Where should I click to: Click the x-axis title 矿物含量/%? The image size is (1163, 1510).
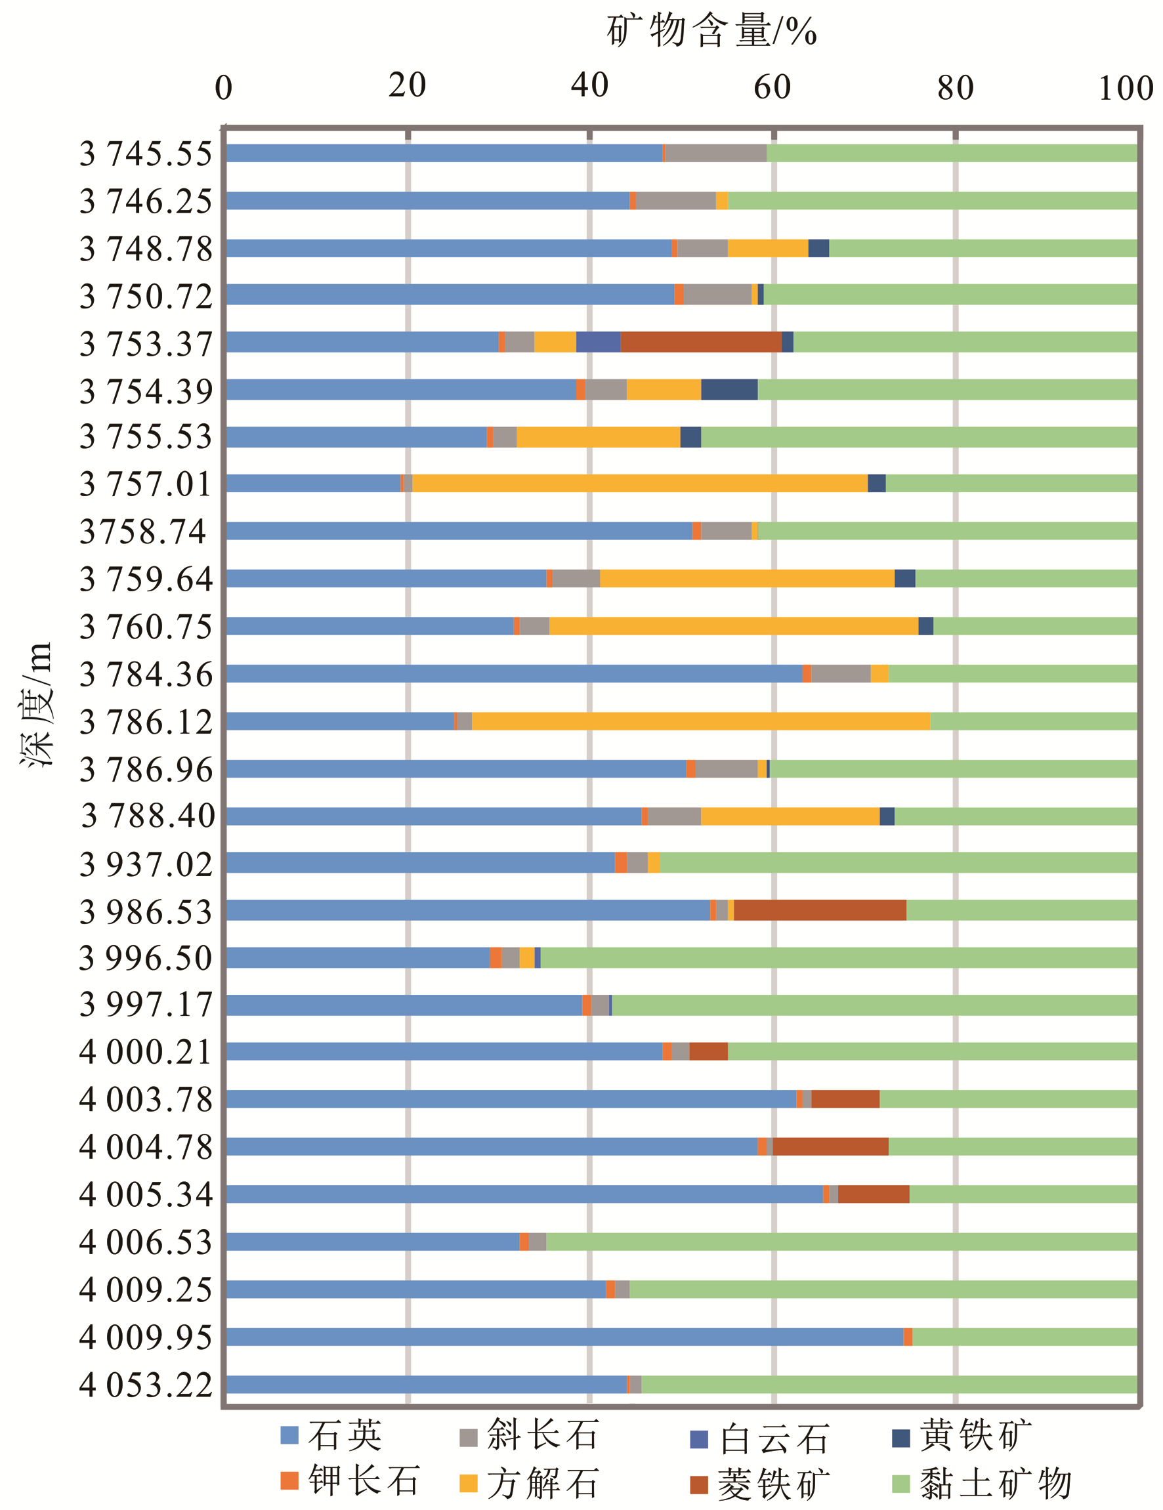click(x=711, y=31)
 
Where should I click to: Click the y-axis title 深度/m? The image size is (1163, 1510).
click(x=36, y=705)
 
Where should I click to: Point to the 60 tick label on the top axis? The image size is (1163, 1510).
click(x=772, y=88)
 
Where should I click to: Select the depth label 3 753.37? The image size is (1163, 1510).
click(x=146, y=344)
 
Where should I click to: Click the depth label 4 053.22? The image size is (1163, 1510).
click(x=146, y=1385)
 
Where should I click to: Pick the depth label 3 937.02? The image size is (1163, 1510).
click(x=146, y=864)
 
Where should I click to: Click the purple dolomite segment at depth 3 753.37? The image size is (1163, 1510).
click(x=598, y=341)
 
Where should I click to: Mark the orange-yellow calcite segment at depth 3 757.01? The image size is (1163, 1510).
click(x=639, y=483)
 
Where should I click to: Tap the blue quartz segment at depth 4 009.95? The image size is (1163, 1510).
click(x=564, y=1337)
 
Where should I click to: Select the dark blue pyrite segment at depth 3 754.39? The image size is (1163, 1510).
click(x=729, y=389)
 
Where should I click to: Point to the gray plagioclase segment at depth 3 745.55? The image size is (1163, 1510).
click(x=715, y=153)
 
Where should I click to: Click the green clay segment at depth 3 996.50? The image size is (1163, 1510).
click(x=838, y=957)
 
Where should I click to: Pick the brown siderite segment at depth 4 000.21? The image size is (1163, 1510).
click(x=708, y=1051)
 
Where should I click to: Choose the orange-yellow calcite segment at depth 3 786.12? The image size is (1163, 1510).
click(x=700, y=721)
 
